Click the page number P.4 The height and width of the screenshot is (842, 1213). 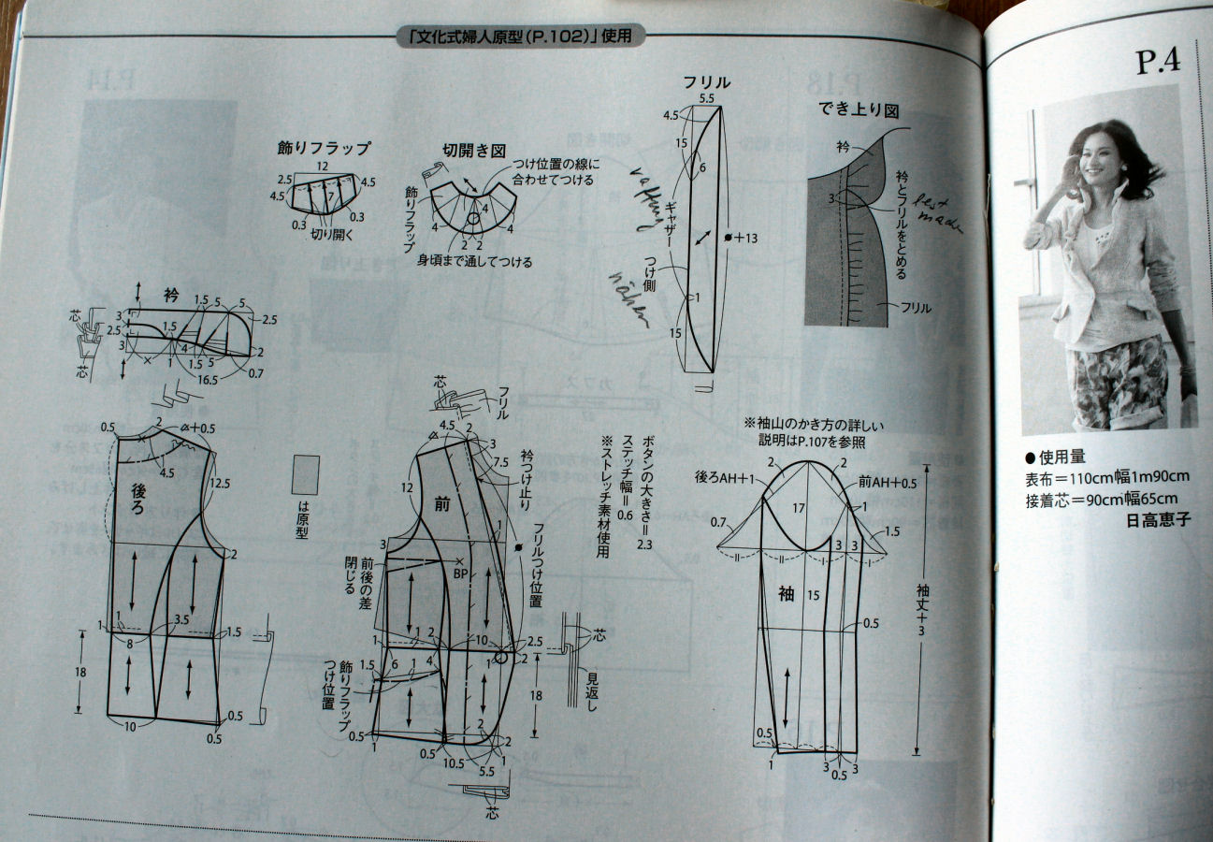pos(1158,62)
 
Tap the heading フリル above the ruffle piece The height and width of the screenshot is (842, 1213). pos(705,82)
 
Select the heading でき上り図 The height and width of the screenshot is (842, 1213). pos(859,109)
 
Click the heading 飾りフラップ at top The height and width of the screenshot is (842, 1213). pos(324,148)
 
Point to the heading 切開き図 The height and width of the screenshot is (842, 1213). pos(473,150)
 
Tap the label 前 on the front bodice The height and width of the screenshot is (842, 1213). pos(442,502)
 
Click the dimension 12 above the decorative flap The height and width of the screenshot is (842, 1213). pos(322,166)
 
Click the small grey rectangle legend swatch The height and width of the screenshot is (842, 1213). pos(305,475)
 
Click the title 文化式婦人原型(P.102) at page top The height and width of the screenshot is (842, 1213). pos(520,37)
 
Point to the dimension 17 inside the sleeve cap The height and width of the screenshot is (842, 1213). pos(797,510)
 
